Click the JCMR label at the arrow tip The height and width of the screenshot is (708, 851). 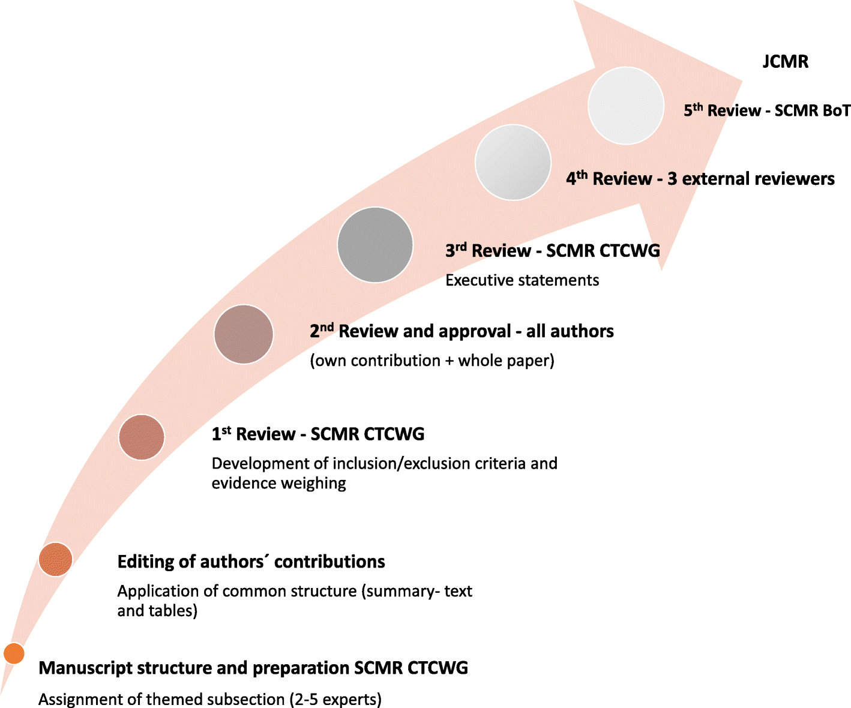[x=785, y=62]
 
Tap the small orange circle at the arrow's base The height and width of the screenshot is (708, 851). [x=14, y=653]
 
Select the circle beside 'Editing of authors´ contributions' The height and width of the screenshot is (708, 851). [x=55, y=559]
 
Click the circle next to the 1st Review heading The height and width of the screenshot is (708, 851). [x=142, y=437]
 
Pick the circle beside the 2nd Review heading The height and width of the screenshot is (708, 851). [x=244, y=334]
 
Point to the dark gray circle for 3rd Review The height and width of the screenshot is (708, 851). [x=375, y=245]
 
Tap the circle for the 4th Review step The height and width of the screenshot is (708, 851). [x=513, y=162]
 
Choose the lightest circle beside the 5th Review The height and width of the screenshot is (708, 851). [x=626, y=106]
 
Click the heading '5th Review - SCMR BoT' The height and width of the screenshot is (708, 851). [x=767, y=110]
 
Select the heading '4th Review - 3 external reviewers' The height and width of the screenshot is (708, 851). [x=700, y=179]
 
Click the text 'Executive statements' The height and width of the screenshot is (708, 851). [x=522, y=280]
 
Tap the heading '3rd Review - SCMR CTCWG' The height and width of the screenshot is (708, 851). [x=553, y=250]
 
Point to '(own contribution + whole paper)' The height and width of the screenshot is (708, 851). [x=432, y=361]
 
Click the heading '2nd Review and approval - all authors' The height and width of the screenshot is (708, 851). [x=462, y=331]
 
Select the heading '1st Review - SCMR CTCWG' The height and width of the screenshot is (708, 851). [x=318, y=434]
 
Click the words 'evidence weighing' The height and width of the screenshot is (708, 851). [x=279, y=484]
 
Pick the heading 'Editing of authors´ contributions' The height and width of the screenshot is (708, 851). [x=251, y=562]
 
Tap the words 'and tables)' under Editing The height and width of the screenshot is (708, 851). [x=157, y=611]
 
